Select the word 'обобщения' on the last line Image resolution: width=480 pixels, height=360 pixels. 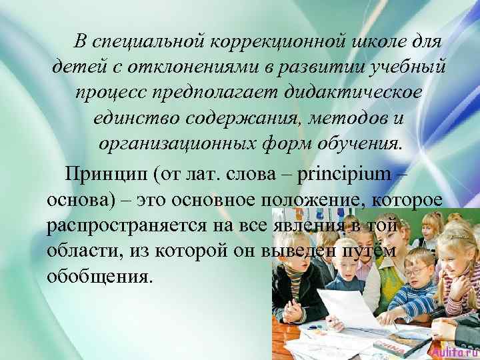[x=100, y=275]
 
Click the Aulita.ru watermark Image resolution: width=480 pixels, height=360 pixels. [x=454, y=351]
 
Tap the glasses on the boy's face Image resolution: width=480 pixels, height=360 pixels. [x=415, y=270]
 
